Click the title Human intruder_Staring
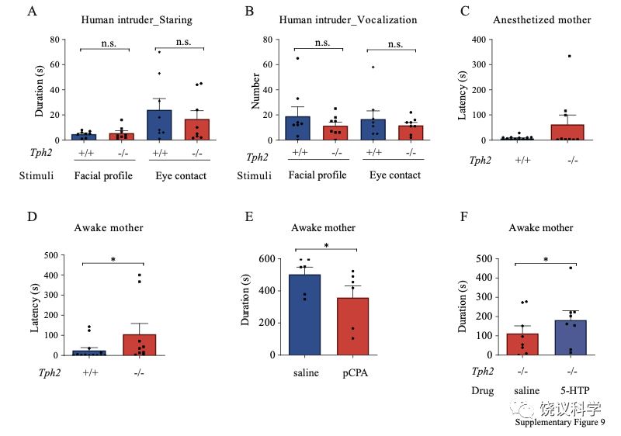point(135,20)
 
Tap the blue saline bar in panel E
point(305,314)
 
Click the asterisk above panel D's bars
point(114,260)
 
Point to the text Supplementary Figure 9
point(560,422)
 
